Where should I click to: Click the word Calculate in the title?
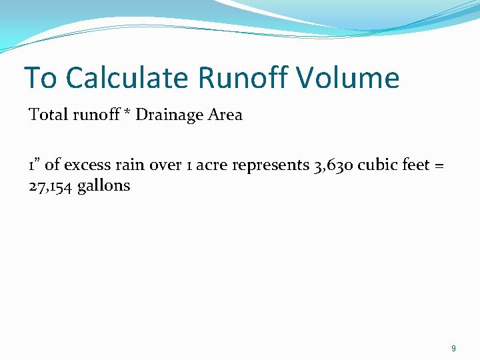(x=127, y=79)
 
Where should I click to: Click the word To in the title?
(x=40, y=79)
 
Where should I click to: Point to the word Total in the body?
(x=47, y=115)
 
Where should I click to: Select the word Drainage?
(x=169, y=115)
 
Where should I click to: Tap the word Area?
(x=225, y=115)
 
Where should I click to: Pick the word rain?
(x=130, y=165)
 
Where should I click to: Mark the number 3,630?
(x=333, y=165)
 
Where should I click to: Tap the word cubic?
(x=375, y=165)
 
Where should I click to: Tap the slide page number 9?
(x=453, y=348)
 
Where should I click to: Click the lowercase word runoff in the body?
(x=93, y=115)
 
